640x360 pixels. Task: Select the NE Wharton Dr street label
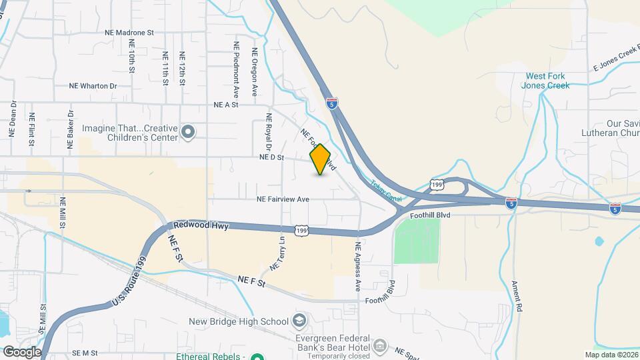pyautogui.click(x=93, y=86)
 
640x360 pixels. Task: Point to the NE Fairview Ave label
pyautogui.click(x=283, y=199)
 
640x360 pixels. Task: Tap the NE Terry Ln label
pyautogui.click(x=277, y=254)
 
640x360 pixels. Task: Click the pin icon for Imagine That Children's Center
pyautogui.click(x=189, y=132)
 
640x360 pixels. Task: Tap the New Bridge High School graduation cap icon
pyautogui.click(x=300, y=322)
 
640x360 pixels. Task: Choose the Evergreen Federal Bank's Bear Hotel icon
pyautogui.click(x=381, y=345)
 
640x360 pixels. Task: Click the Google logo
pyautogui.click(x=21, y=351)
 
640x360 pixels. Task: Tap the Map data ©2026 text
pyautogui.click(x=611, y=355)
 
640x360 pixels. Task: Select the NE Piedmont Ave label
pyautogui.click(x=236, y=71)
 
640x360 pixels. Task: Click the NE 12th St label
pyautogui.click(x=181, y=68)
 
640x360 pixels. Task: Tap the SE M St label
pyautogui.click(x=85, y=353)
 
